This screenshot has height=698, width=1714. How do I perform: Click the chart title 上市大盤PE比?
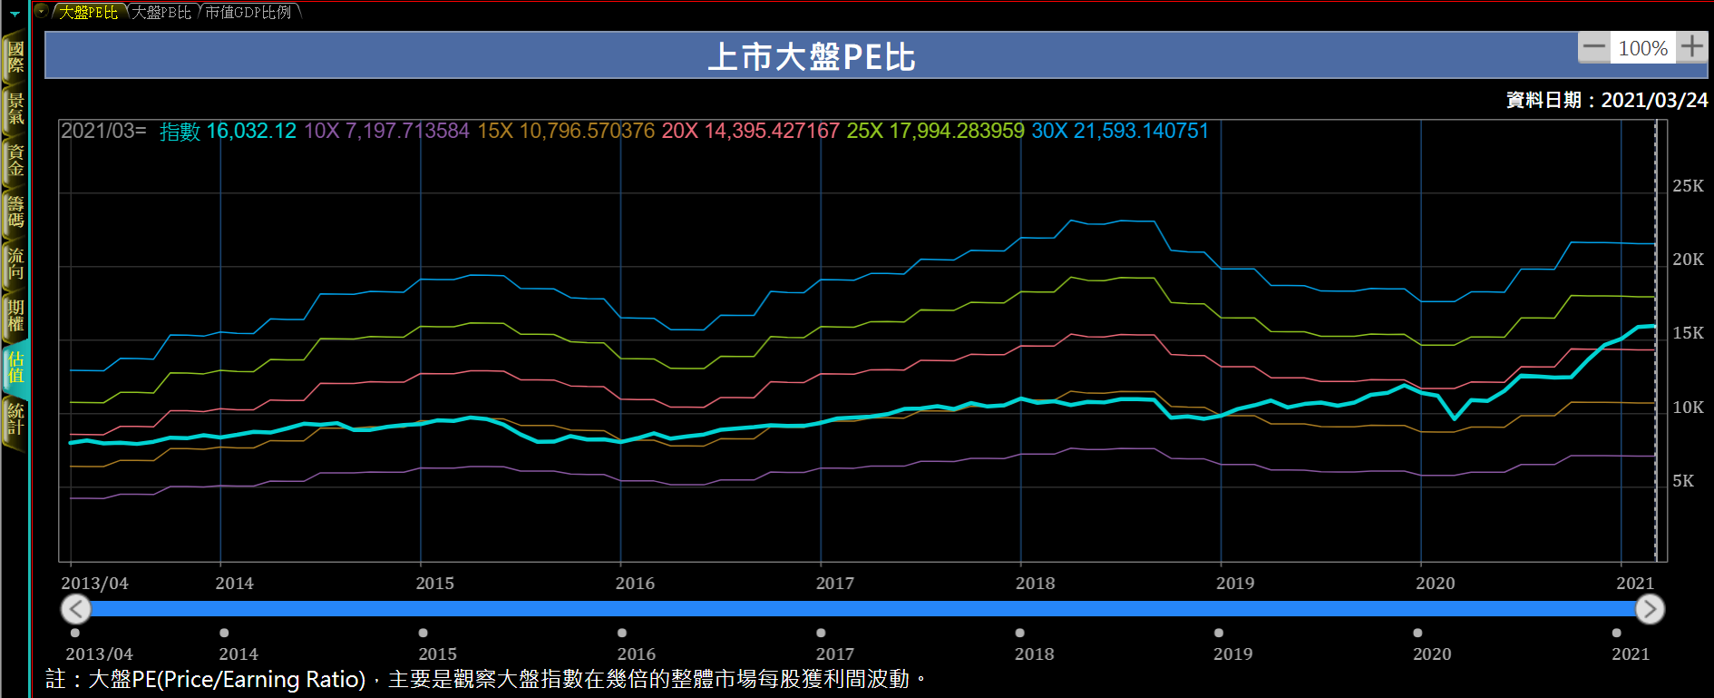[811, 57]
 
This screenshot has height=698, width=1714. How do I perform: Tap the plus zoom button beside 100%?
[1691, 47]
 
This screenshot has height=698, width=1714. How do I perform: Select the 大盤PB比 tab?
[161, 12]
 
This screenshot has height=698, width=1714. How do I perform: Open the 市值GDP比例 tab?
[248, 12]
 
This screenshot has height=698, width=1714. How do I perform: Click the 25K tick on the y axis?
[1688, 186]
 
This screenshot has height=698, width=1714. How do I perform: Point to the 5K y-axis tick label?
[1683, 481]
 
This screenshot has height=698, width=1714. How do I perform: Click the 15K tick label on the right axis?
[1688, 333]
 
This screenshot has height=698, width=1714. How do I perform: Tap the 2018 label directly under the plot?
[1035, 584]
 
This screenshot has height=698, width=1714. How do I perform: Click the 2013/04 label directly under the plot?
[94, 584]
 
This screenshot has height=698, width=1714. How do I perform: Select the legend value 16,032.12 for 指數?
[251, 132]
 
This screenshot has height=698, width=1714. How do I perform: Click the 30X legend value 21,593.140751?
[1141, 132]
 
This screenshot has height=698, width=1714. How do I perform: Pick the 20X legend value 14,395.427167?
[772, 132]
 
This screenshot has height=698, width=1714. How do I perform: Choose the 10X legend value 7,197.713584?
[407, 132]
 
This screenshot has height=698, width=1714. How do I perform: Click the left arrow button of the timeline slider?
[76, 609]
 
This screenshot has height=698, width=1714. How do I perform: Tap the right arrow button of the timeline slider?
[1650, 609]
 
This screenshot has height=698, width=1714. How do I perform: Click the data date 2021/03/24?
[1654, 100]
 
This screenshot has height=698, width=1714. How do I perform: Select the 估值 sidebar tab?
[15, 368]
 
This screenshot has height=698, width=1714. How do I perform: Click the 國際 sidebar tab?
[15, 56]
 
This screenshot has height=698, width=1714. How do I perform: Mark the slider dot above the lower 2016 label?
[622, 633]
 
